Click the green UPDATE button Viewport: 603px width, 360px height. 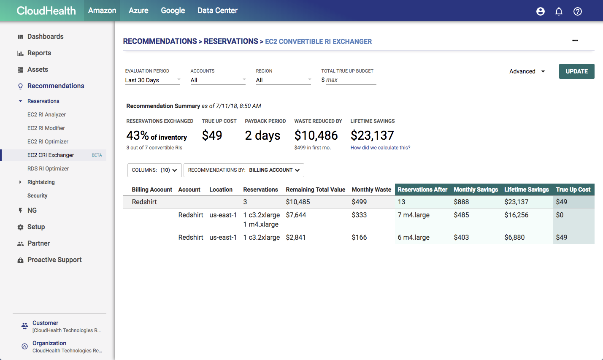click(576, 71)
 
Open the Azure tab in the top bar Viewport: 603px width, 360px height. click(138, 11)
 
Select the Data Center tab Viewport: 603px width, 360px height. click(217, 11)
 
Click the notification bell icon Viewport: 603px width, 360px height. click(559, 11)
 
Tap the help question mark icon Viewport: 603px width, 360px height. click(578, 11)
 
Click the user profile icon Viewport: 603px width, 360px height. click(540, 11)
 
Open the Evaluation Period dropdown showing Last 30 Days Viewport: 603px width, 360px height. click(152, 80)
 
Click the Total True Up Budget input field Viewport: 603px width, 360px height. click(350, 80)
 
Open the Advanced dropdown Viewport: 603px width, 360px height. click(527, 71)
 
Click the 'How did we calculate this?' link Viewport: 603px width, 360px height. click(380, 148)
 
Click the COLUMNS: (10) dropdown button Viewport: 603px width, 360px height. click(154, 170)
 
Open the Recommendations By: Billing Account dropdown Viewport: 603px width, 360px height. click(243, 170)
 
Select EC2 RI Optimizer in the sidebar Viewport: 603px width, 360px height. click(48, 141)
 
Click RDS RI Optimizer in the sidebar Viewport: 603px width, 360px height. click(48, 168)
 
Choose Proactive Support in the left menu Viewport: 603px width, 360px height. click(54, 260)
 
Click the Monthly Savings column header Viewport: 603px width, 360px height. click(476, 189)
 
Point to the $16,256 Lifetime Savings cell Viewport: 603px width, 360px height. click(516, 215)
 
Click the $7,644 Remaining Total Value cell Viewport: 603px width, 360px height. click(296, 215)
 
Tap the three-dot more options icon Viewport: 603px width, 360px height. click(575, 41)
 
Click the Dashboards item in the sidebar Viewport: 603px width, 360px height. click(45, 36)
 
